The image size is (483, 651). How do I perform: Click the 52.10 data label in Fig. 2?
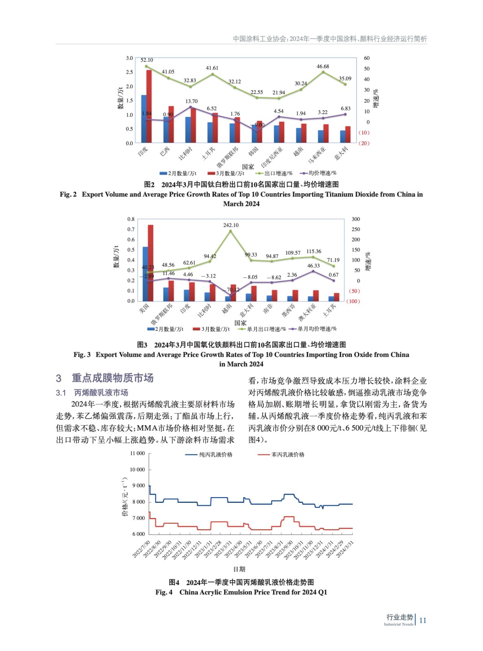pyautogui.click(x=146, y=60)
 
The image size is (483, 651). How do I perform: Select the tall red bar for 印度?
pyautogui.click(x=149, y=106)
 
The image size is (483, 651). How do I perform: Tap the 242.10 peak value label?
pyautogui.click(x=231, y=225)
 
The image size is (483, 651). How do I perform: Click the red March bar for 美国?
pyautogui.click(x=151, y=262)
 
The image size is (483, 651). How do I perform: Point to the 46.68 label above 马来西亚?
pyautogui.click(x=323, y=66)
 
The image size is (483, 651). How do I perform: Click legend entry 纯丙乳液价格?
pyautogui.click(x=216, y=454)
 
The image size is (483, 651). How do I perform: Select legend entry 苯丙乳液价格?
pyautogui.click(x=288, y=454)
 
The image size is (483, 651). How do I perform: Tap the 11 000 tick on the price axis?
pyautogui.click(x=137, y=453)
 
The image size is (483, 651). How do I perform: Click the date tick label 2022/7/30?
pyautogui.click(x=141, y=549)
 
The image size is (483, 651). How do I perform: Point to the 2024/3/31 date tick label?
pyautogui.click(x=345, y=549)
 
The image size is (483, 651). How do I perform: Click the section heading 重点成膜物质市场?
pyautogui.click(x=112, y=378)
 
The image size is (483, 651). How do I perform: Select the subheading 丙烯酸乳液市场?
pyautogui.click(x=101, y=393)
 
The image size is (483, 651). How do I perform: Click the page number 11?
pyautogui.click(x=422, y=620)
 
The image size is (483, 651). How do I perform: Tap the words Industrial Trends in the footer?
pyautogui.click(x=398, y=624)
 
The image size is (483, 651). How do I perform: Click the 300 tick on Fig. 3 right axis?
pyautogui.click(x=356, y=219)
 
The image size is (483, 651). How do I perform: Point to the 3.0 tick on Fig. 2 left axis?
pyautogui.click(x=129, y=58)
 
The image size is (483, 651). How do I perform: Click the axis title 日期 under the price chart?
pyautogui.click(x=239, y=569)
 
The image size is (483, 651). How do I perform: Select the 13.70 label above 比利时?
pyautogui.click(x=191, y=101)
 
